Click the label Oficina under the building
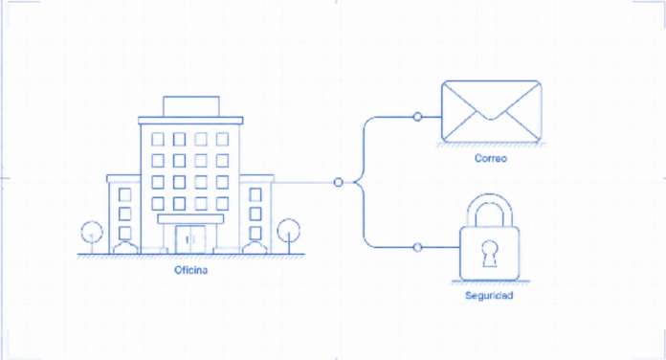coord(191,270)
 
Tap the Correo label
coord(491,158)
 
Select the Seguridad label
coord(489,296)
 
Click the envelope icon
coord(492,112)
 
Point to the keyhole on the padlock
coord(490,254)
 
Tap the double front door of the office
coord(190,239)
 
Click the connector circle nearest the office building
coord(338,182)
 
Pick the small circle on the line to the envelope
coord(417,117)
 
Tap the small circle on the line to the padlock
coord(417,247)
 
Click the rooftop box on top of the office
coord(191,106)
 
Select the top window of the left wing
coord(124,194)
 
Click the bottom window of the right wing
coord(255,233)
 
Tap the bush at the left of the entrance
coord(125,248)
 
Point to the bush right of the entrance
coord(255,248)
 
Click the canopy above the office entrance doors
coord(190,219)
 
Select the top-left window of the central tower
coord(158,139)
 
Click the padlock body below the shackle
coord(490,254)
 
